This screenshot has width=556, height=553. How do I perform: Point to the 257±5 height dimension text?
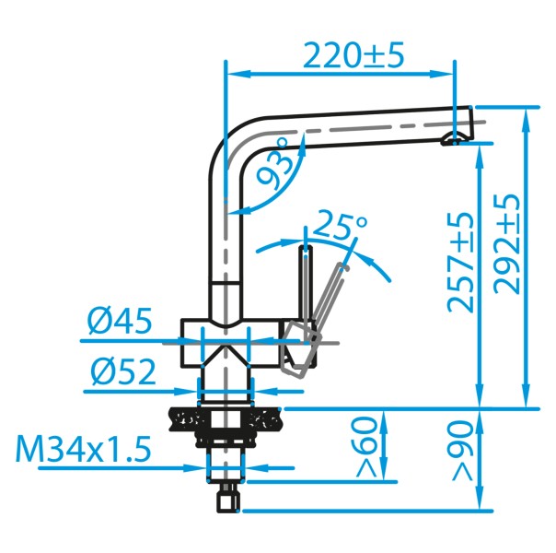point(463,262)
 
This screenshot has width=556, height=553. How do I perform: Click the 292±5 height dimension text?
point(509,242)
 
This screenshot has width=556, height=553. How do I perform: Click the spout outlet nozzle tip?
point(453,139)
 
